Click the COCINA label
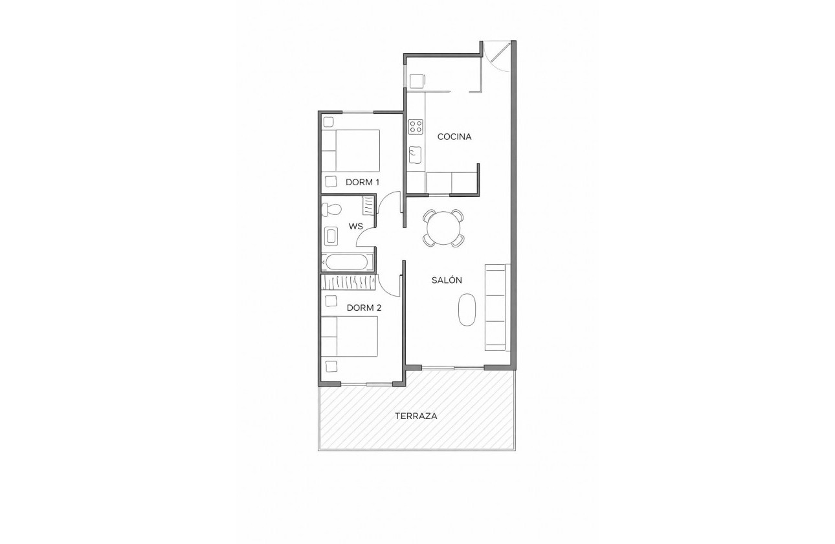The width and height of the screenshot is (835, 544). coord(454,137)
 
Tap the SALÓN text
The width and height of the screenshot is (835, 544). coord(447,280)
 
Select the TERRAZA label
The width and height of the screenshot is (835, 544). coord(416,416)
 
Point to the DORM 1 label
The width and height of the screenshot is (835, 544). coord(362,182)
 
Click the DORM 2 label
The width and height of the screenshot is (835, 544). coord(364,308)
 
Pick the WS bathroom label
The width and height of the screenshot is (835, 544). coord(355,226)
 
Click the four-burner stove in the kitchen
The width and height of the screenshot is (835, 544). coord(416,127)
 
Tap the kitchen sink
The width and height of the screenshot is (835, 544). coord(415,155)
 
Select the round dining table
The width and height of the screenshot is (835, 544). coord(444,228)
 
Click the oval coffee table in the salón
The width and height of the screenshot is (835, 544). coord(467,310)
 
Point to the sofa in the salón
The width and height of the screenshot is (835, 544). coord(497,307)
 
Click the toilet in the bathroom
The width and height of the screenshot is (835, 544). coord(332,209)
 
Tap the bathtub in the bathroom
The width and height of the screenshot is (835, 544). coord(348,262)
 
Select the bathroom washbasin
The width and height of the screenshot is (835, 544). coord(331,236)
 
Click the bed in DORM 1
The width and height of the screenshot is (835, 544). coord(350,151)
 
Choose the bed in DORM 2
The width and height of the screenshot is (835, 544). coord(350,336)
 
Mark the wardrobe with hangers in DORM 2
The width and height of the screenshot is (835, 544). coord(349,282)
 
